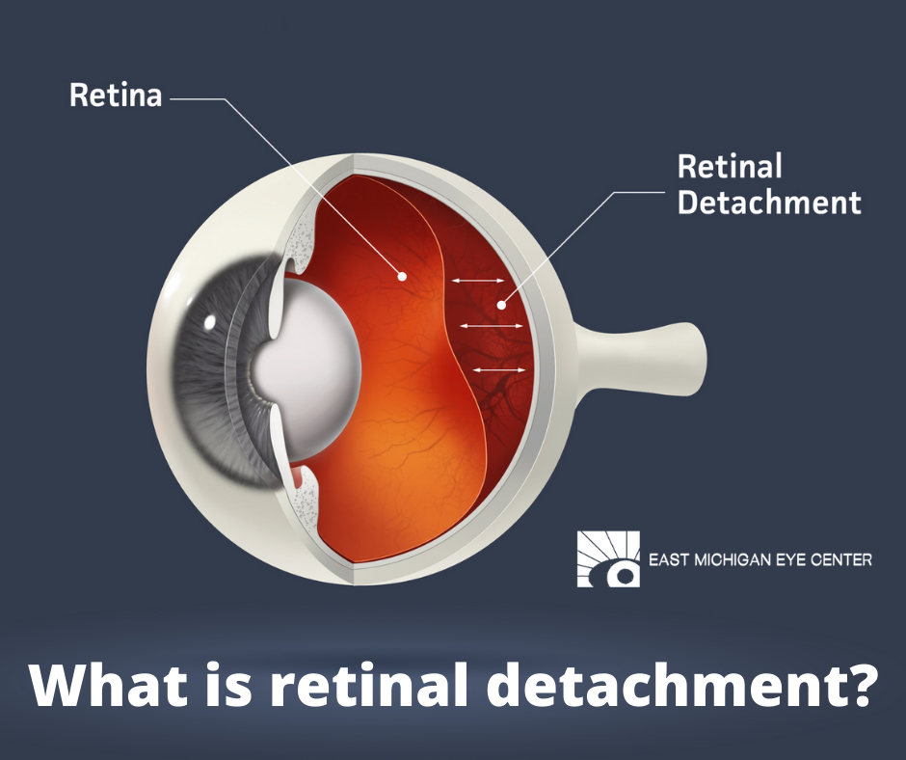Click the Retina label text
116,95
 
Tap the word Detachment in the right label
769,202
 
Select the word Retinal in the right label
730,166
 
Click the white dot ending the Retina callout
402,277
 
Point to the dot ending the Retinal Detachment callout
501,305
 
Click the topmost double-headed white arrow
478,281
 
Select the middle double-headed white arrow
492,326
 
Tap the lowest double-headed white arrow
499,369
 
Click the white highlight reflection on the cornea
209,321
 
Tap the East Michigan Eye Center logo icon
608,558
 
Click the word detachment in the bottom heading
663,685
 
